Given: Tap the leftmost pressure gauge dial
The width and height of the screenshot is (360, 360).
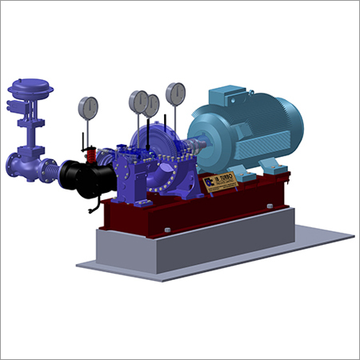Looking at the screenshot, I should click(88, 106).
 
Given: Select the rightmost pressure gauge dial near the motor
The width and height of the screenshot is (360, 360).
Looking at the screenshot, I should click(175, 94).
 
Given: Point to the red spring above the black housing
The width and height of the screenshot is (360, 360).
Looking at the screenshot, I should click(90, 151).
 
